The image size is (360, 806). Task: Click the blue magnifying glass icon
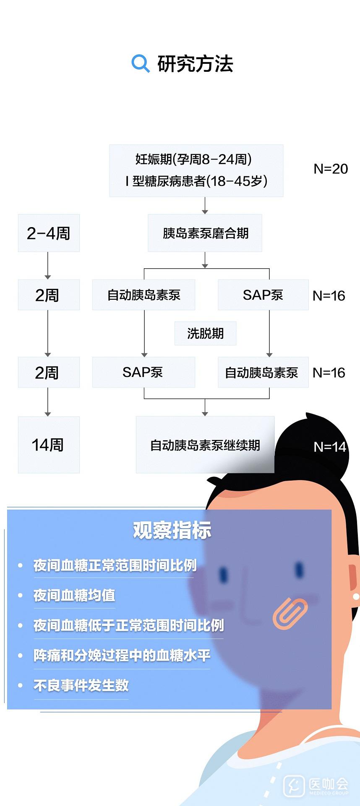[x=140, y=63]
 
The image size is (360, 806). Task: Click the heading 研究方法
[x=195, y=64]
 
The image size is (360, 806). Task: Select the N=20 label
[x=331, y=169]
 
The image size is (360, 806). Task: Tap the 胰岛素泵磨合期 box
[x=205, y=233]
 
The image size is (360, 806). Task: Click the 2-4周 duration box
[x=49, y=233]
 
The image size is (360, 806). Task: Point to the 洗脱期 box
[x=205, y=333]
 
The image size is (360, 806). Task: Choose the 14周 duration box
[x=49, y=445]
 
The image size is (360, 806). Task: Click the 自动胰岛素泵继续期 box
[x=205, y=445]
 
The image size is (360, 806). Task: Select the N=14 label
[x=330, y=447]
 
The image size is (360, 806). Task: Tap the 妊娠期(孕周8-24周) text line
[x=194, y=159]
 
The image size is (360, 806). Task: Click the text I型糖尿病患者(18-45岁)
[x=196, y=181]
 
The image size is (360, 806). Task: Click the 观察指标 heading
[x=172, y=530]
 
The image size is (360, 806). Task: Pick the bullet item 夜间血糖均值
[x=74, y=595]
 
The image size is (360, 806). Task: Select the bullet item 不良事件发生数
[x=81, y=686]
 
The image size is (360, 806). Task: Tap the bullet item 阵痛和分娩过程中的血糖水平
[x=122, y=655]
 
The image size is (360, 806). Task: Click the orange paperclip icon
[x=290, y=613]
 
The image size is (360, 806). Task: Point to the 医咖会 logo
[x=316, y=785]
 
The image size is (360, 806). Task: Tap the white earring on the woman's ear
[x=356, y=596]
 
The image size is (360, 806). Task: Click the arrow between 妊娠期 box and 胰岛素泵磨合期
[x=205, y=206]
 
